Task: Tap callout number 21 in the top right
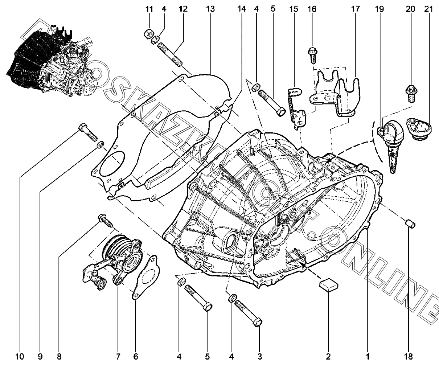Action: pos(428,9)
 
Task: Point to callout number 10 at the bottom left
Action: pos(20,356)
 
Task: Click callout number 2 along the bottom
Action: pos(328,356)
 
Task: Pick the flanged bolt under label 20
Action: pos(411,93)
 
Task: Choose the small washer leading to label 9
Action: pos(100,145)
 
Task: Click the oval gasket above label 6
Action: pos(146,276)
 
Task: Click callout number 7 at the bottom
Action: pos(118,356)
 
